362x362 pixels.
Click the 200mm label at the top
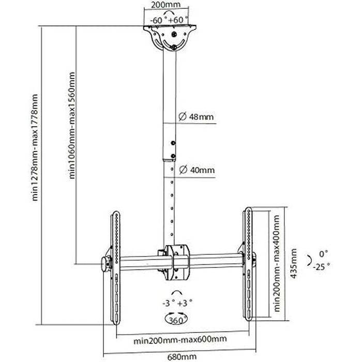click(166, 5)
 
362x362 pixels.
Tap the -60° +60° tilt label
click(169, 20)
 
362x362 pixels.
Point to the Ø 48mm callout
click(196, 116)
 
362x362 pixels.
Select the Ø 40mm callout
click(197, 170)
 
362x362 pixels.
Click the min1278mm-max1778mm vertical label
click(35, 147)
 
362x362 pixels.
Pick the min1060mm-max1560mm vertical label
click(72, 125)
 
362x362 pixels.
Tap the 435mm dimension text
click(293, 263)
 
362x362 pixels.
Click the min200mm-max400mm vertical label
click(277, 263)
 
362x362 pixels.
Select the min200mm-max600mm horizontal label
click(180, 340)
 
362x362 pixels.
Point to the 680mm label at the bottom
click(182, 357)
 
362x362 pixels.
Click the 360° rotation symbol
click(176, 319)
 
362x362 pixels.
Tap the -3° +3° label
click(177, 303)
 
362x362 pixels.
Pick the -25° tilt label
click(321, 267)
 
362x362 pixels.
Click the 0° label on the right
click(323, 254)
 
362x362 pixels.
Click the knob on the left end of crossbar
click(105, 264)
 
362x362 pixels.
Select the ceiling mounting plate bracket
click(170, 38)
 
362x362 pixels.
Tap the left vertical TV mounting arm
click(115, 268)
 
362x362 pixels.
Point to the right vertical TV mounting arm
click(248, 264)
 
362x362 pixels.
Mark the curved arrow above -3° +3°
click(177, 293)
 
